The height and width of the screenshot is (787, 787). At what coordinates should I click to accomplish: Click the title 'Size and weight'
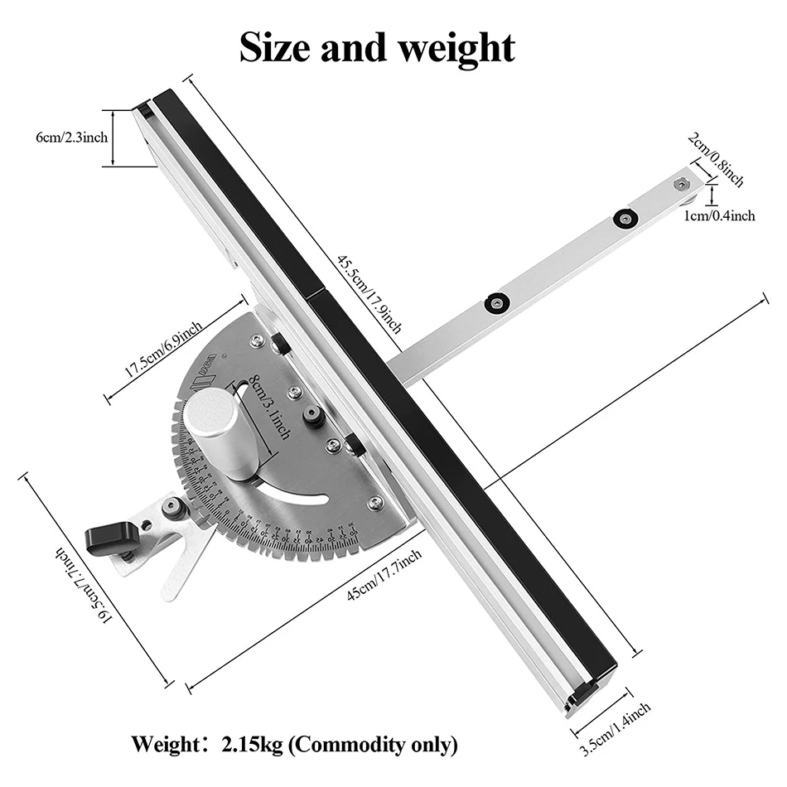click(377, 47)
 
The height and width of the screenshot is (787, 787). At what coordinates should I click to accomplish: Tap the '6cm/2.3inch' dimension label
click(71, 138)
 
